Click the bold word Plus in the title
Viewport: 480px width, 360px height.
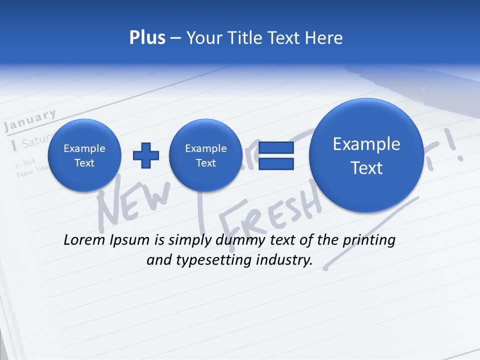click(x=147, y=38)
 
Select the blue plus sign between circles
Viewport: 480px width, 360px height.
click(x=145, y=155)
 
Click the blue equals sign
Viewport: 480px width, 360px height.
click(x=276, y=155)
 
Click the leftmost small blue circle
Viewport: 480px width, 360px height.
click(x=84, y=155)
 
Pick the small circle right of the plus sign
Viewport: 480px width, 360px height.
click(x=205, y=155)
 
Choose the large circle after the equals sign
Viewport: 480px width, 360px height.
click(x=366, y=155)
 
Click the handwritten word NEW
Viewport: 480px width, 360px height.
click(x=135, y=202)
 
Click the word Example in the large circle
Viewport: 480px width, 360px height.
click(x=366, y=144)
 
